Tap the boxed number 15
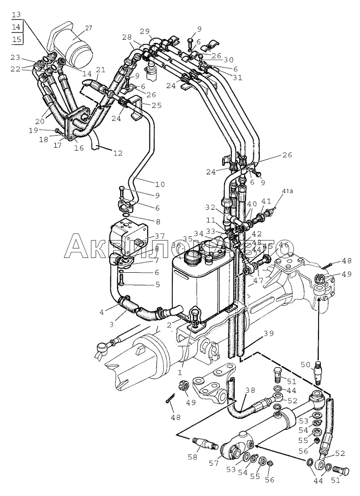[17, 39]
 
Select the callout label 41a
[287, 192]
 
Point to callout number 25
[156, 105]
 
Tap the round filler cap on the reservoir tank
[191, 257]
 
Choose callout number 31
[238, 77]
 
